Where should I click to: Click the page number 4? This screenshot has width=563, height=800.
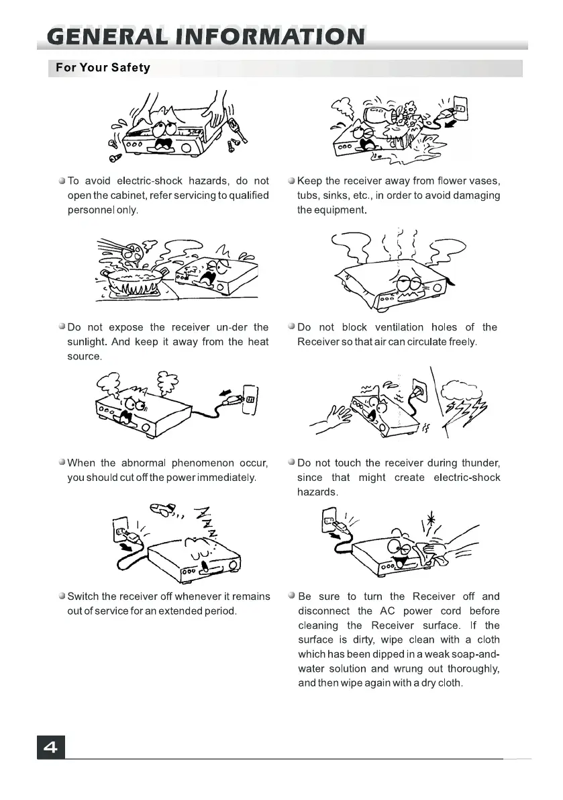click(x=51, y=747)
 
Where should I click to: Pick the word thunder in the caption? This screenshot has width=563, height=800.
click(x=481, y=463)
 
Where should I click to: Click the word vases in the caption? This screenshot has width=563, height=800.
click(x=484, y=181)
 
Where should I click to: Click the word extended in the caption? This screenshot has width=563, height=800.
click(x=176, y=611)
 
